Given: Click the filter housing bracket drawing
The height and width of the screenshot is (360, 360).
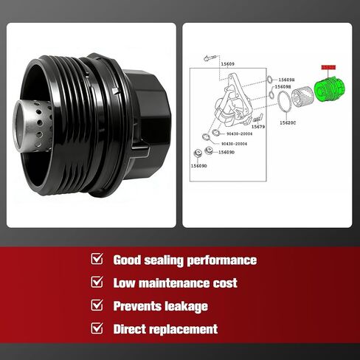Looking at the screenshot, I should click(x=232, y=103).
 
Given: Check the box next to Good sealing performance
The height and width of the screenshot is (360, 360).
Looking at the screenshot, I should click(x=97, y=260).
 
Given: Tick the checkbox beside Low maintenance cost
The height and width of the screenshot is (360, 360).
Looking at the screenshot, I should click(x=97, y=283).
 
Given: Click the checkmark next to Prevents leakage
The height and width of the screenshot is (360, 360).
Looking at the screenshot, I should click(x=97, y=305).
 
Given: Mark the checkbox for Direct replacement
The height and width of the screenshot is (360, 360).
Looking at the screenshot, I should click(x=97, y=328).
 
